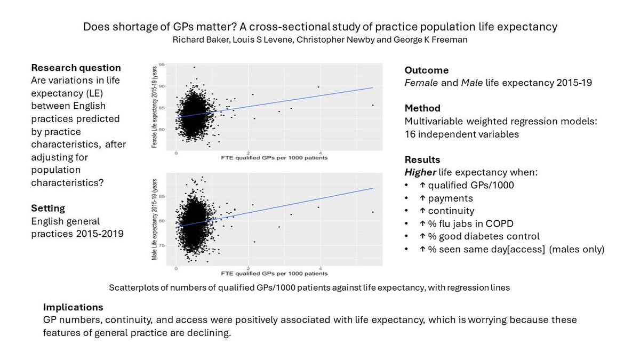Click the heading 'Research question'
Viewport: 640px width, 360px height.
(76, 68)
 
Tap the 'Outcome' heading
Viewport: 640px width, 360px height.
(426, 70)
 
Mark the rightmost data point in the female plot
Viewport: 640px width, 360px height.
(372, 105)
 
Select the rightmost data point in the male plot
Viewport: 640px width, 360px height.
(372, 212)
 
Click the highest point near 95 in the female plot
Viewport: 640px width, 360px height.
(194, 67)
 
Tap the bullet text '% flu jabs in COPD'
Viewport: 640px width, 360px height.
(458, 223)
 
